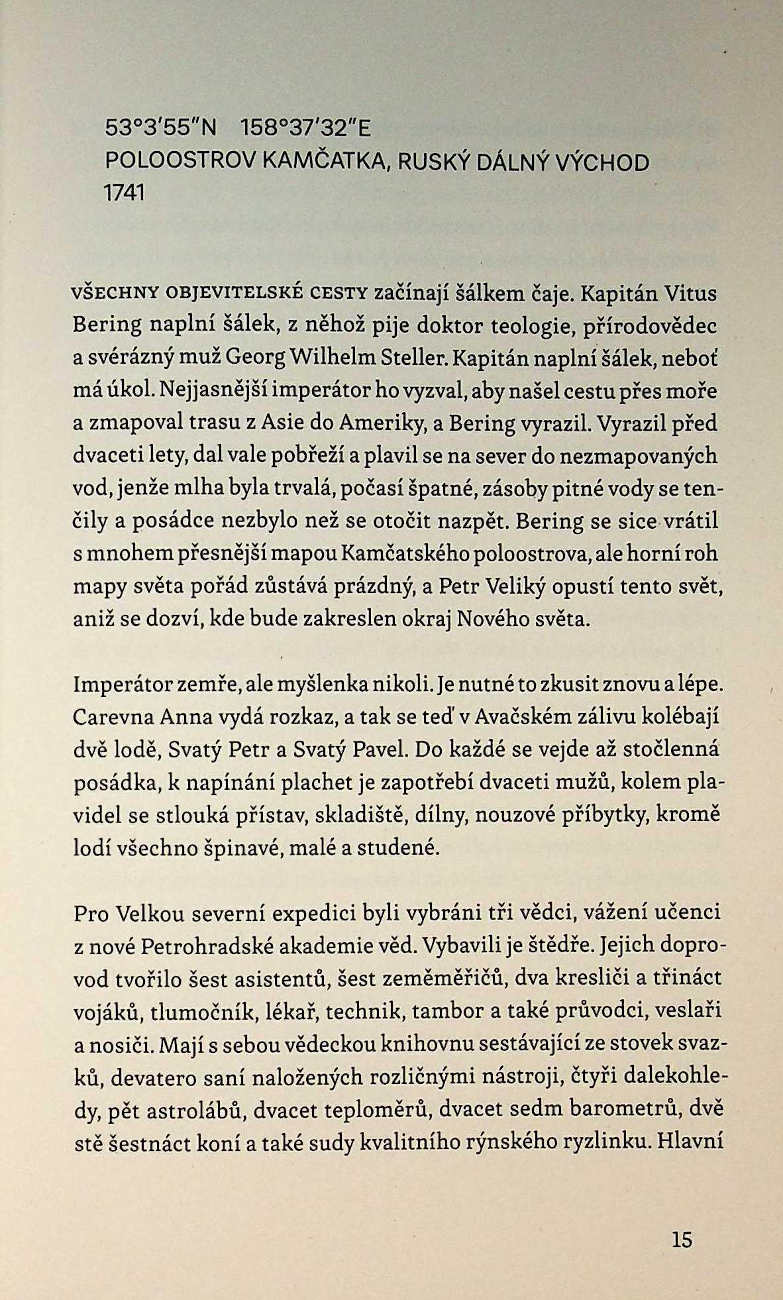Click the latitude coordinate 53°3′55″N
(x=161, y=128)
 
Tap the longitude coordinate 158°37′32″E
(x=306, y=128)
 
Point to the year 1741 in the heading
(x=124, y=193)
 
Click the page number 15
(x=682, y=1239)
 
